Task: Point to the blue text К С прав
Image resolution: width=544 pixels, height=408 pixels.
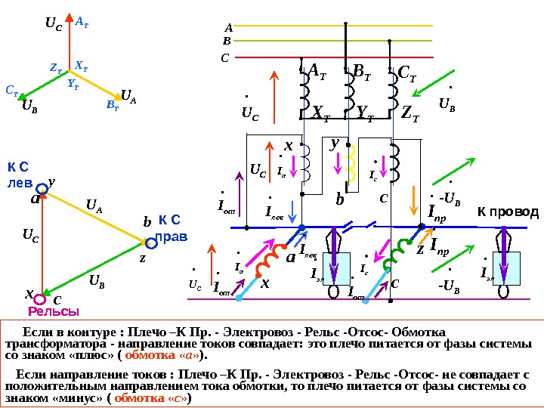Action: pyautogui.click(x=172, y=229)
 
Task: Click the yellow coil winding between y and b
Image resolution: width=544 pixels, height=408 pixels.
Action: pyautogui.click(x=353, y=163)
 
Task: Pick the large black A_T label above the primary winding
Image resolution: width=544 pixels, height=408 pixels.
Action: pyautogui.click(x=317, y=71)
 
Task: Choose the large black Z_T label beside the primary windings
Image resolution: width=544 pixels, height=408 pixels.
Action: pyautogui.click(x=411, y=114)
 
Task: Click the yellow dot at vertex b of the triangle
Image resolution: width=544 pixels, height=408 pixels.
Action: pyautogui.click(x=146, y=242)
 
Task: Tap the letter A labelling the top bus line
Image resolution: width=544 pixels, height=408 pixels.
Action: pyautogui.click(x=227, y=26)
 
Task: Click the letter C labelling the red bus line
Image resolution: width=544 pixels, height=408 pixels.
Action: pyautogui.click(x=225, y=57)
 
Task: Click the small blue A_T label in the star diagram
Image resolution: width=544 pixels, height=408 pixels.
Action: pyautogui.click(x=82, y=23)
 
